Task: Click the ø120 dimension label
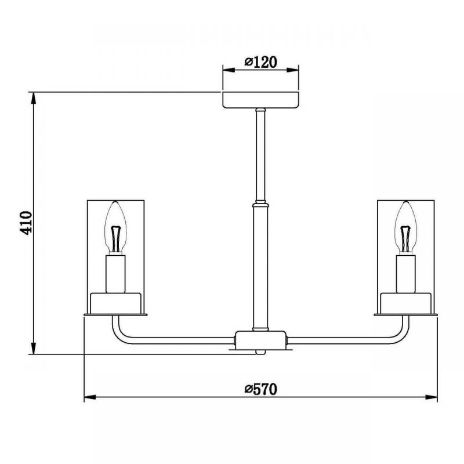click(x=260, y=62)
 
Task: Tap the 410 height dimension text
click(x=26, y=223)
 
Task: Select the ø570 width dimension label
click(x=260, y=389)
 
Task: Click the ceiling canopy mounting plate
click(x=260, y=100)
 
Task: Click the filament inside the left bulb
click(x=115, y=239)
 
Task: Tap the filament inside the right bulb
click(x=405, y=239)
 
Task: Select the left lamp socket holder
click(x=115, y=274)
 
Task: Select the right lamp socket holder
click(x=405, y=274)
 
